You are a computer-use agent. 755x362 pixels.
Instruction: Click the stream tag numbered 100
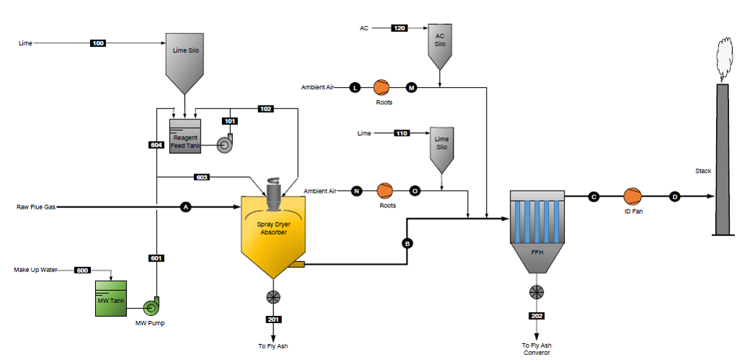pos(98,43)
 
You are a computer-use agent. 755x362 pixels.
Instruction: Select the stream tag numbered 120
pos(399,28)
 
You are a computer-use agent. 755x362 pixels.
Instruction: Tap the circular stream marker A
pos(185,207)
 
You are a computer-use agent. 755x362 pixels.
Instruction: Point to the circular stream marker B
pos(407,243)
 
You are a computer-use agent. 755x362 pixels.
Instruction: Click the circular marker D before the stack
pos(675,196)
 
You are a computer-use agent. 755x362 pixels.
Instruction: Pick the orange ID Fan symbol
pos(632,196)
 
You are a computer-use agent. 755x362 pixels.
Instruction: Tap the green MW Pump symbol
pos(150,307)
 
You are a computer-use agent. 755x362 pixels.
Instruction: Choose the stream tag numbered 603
pos(203,176)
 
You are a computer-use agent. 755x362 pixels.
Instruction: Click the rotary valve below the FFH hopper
pos(536,291)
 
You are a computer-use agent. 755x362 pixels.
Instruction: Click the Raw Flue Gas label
pos(35,207)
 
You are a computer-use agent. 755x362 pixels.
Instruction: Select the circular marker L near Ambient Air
pos(355,87)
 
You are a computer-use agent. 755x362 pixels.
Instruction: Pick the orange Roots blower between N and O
pos(384,191)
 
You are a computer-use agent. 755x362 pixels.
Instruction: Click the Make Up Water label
pos(35,270)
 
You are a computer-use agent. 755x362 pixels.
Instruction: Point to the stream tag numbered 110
pos(402,133)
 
